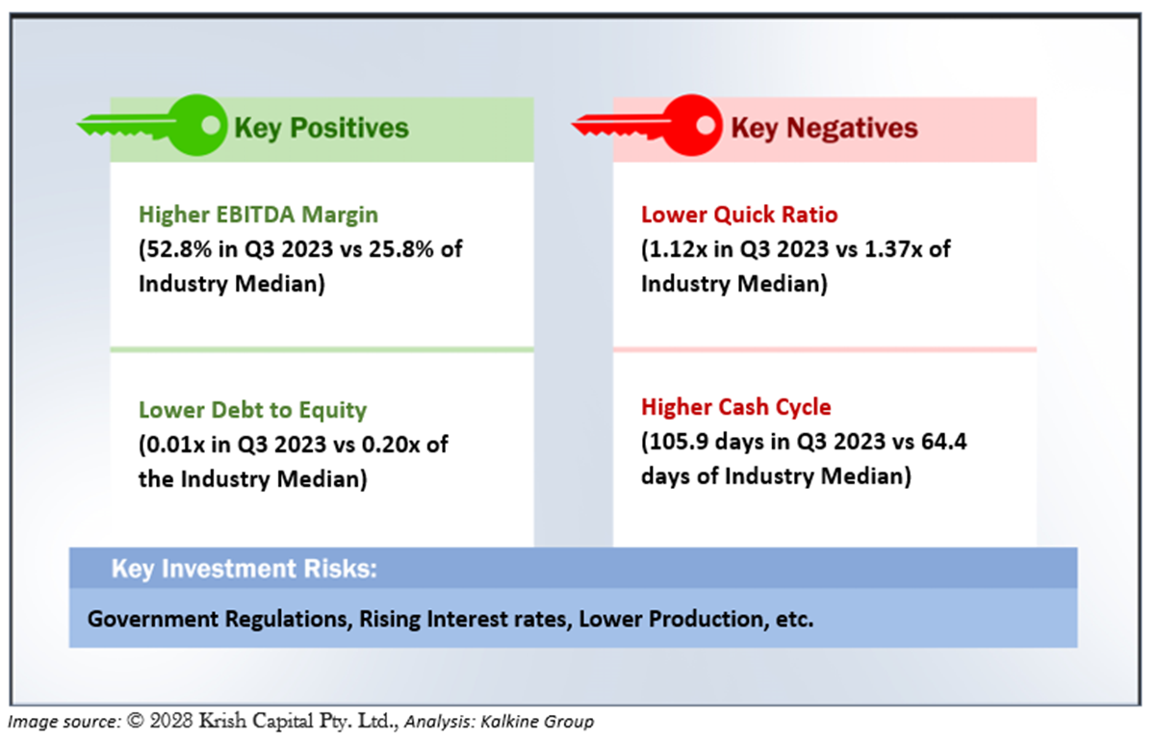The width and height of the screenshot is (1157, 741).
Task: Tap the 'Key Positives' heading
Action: click(x=321, y=128)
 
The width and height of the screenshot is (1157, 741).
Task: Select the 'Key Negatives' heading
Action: click(x=824, y=128)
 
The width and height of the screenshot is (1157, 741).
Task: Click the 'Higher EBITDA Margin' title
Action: click(x=258, y=215)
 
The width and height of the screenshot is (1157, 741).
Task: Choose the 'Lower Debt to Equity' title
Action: click(x=252, y=410)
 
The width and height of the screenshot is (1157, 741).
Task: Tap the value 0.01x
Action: click(x=175, y=445)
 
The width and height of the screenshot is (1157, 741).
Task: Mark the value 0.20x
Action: click(x=391, y=445)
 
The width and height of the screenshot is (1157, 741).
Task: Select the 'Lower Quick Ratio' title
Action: click(x=739, y=215)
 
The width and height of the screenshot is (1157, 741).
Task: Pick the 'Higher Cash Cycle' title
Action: click(x=736, y=407)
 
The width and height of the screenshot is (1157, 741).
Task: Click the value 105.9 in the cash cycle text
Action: click(x=679, y=442)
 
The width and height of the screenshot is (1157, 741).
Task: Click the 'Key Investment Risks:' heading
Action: click(x=244, y=569)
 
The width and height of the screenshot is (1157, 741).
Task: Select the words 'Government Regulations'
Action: click(x=220, y=619)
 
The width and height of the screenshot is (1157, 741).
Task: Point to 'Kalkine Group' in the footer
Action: click(x=537, y=722)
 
